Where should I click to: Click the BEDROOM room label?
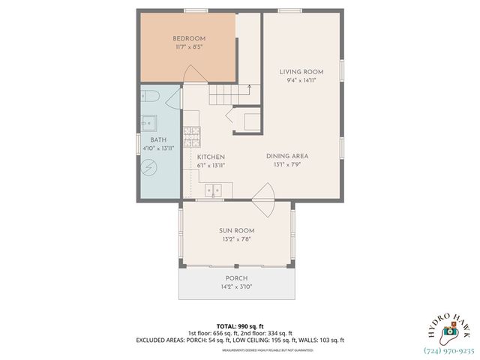(x=189, y=38)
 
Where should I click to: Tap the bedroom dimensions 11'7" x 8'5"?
(x=189, y=46)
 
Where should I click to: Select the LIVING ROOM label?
(x=301, y=72)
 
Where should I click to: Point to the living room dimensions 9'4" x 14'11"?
(x=301, y=80)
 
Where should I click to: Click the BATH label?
(x=157, y=140)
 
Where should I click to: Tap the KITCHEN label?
(x=211, y=157)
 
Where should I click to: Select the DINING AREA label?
(x=287, y=156)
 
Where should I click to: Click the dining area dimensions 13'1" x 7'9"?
(x=287, y=164)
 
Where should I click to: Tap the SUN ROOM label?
(x=236, y=230)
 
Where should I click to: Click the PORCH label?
(x=236, y=278)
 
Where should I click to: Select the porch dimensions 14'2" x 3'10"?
(x=236, y=286)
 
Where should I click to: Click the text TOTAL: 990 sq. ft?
(x=239, y=325)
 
